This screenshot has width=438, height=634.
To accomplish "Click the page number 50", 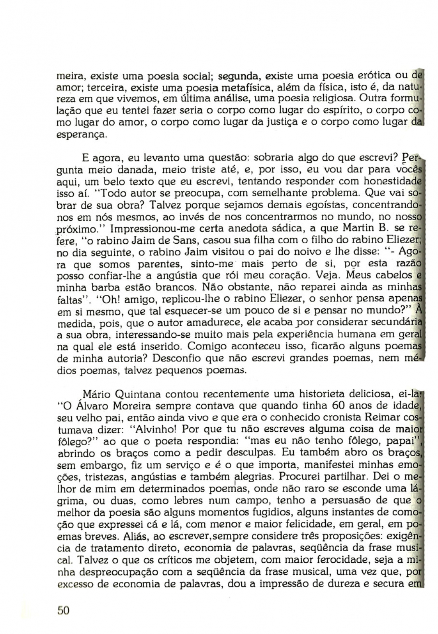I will (x=64, y=611).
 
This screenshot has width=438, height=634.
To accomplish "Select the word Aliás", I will (x=125, y=536).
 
